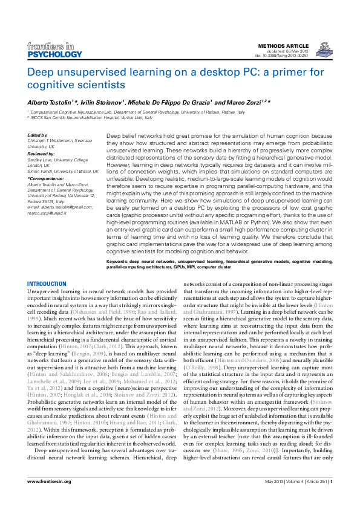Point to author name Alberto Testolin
pos(49,103)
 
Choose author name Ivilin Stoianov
pos(104,103)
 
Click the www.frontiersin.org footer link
pos(50,498)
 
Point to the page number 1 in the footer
pos(332,498)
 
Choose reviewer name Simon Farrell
pos(44,172)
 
